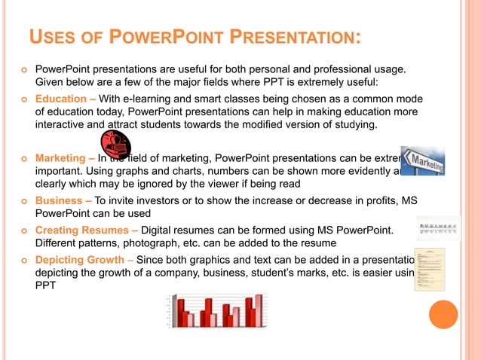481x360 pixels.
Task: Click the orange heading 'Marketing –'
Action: pos(65,158)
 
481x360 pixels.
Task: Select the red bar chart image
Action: pos(215,310)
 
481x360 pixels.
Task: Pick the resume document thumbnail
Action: pos(429,269)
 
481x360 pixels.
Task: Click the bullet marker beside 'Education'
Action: pos(24,99)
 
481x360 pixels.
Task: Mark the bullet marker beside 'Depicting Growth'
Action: pos(24,259)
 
